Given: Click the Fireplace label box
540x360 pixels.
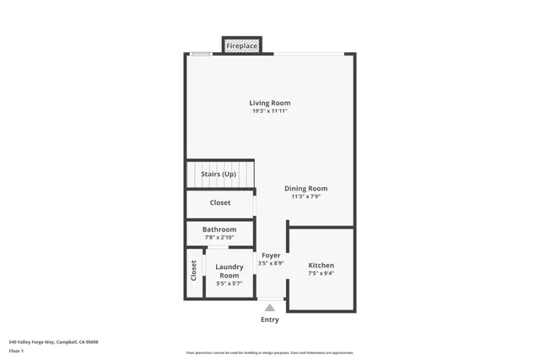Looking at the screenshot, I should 242,46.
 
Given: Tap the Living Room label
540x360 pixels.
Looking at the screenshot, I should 270,103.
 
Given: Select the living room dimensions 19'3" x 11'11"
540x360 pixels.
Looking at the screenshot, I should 270,111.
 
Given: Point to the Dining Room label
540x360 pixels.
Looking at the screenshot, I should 305,188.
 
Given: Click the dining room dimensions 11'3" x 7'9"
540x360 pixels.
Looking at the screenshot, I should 305,196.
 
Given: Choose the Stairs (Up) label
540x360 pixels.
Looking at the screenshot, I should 219,175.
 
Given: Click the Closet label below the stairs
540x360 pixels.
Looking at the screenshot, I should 220,202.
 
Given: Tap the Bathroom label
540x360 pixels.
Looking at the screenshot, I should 219,229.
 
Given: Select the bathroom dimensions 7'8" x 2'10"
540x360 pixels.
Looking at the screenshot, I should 219,237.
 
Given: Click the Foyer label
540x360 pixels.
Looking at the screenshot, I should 271,255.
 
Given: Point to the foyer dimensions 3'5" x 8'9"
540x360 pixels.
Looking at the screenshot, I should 271,263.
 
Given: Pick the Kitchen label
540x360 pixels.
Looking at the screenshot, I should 321,265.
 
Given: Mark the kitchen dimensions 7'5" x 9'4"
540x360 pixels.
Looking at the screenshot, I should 321,273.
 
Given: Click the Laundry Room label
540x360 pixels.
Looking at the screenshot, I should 229,271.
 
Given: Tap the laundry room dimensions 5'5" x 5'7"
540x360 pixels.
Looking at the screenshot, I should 229,284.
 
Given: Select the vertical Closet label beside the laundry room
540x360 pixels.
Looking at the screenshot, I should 194,271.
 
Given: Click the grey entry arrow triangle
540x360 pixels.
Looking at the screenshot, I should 270,308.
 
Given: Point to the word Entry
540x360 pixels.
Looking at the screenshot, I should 270,320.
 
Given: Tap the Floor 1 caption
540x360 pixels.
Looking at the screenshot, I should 15,351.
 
